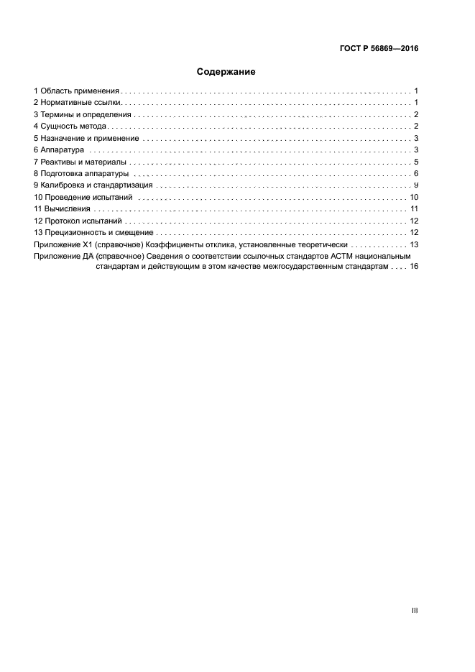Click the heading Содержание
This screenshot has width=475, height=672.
pos(226,72)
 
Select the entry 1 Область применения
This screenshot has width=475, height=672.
pos(76,91)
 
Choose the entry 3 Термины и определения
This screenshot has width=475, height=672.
pos(82,115)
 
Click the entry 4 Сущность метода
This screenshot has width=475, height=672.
pos(70,126)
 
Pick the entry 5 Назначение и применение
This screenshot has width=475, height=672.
pos(86,138)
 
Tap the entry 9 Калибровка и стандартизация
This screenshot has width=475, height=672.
pos(92,185)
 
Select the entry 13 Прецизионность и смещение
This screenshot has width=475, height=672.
pos(93,232)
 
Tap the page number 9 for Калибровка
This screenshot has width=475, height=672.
pos(416,185)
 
